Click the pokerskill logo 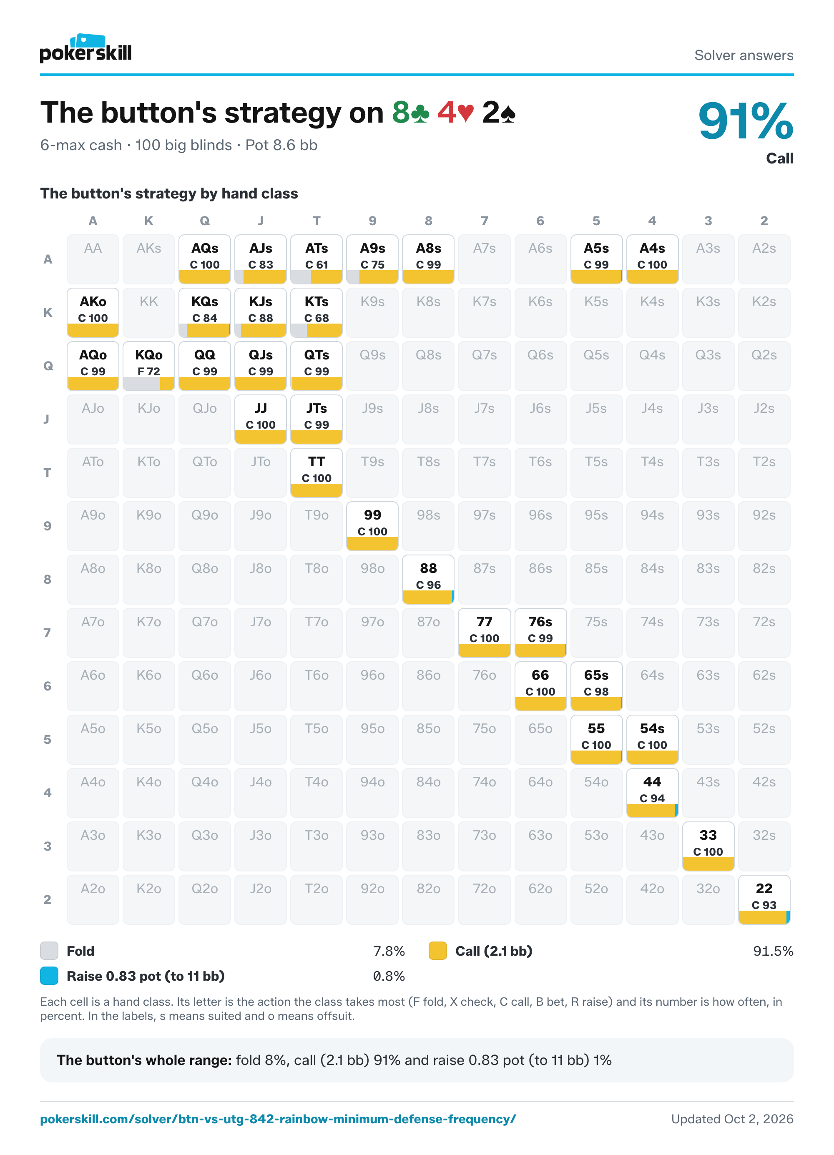(85, 49)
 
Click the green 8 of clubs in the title (411, 113)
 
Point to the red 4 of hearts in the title (456, 113)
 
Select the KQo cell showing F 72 (149, 366)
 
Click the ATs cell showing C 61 (316, 259)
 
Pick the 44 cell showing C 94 (652, 792)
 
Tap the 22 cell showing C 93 (764, 899)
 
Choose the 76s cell (540, 633)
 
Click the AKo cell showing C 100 (93, 313)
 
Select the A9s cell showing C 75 (372, 259)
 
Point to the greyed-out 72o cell (484, 899)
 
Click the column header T (316, 221)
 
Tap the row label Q (48, 366)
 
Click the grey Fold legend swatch (49, 951)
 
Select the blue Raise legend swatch (49, 976)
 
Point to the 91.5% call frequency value (773, 951)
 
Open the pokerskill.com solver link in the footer (278, 1119)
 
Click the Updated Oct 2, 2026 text (732, 1119)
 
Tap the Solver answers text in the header (744, 55)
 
